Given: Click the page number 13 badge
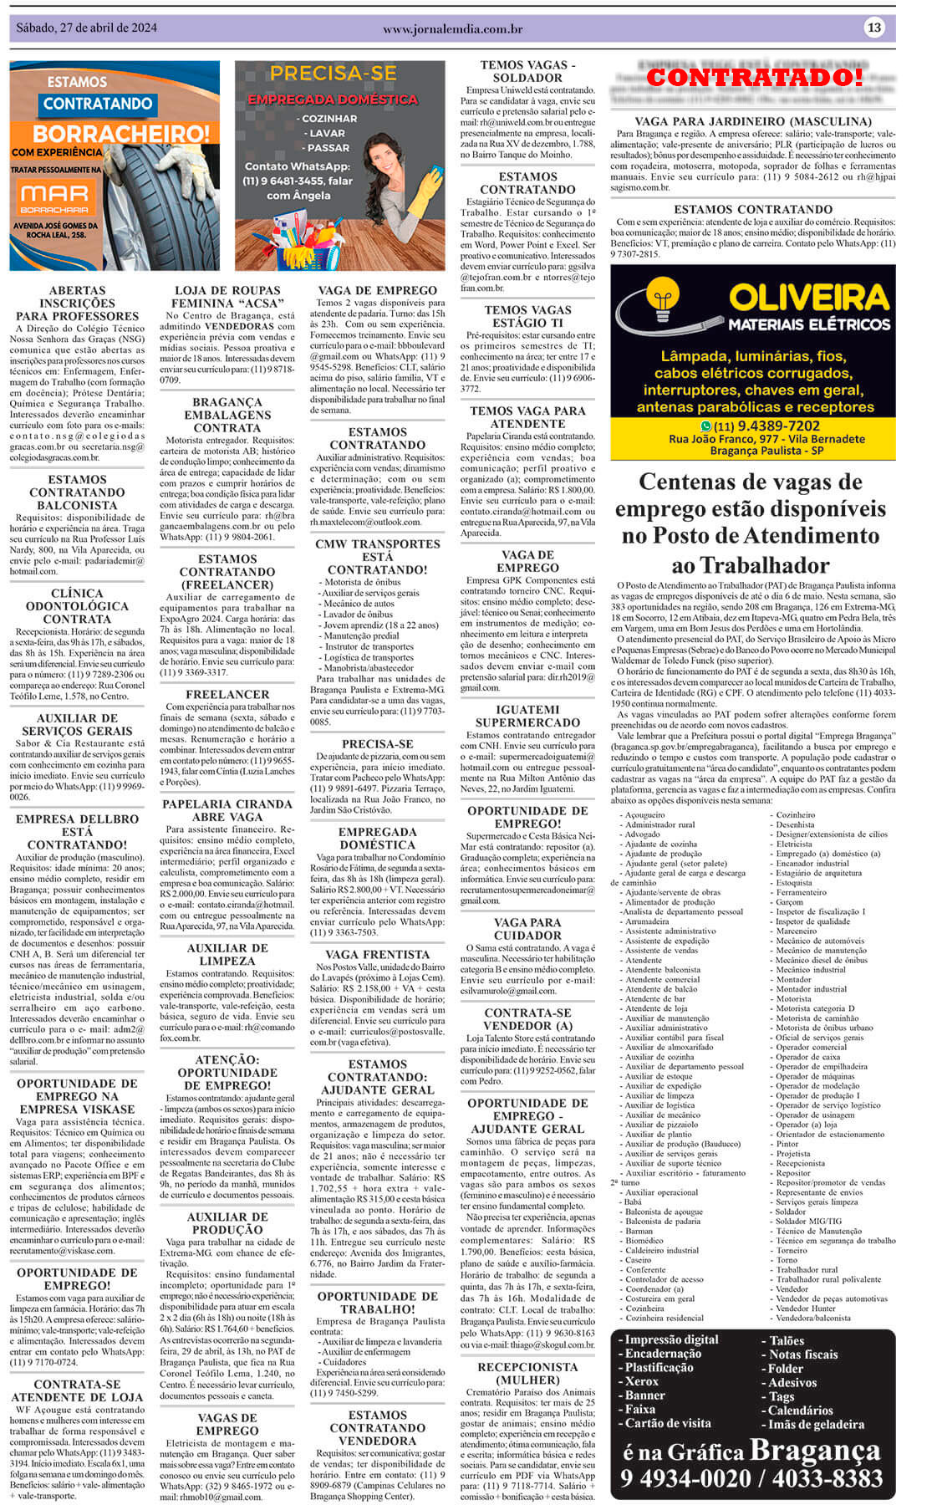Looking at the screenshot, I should click(873, 28).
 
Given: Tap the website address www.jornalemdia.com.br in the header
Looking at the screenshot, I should click(452, 29).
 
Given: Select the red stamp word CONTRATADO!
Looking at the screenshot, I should click(755, 77).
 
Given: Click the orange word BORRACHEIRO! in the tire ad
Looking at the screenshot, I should click(121, 134).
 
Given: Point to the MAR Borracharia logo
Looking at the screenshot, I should click(54, 197).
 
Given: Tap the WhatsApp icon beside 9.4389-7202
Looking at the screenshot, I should click(705, 426).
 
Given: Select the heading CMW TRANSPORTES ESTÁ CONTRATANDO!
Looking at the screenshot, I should click(377, 556).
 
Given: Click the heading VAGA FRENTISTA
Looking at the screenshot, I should click(377, 954).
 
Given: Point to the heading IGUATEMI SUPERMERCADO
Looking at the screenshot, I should click(527, 716).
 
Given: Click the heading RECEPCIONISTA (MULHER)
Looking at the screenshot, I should click(527, 1373).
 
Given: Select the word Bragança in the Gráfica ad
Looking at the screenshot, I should click(815, 1450).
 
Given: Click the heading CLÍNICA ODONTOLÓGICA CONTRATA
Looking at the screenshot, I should click(77, 606).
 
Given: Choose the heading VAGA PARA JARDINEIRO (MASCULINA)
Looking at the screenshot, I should click(752, 122).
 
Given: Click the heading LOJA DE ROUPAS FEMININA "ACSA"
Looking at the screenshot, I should click(227, 297).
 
